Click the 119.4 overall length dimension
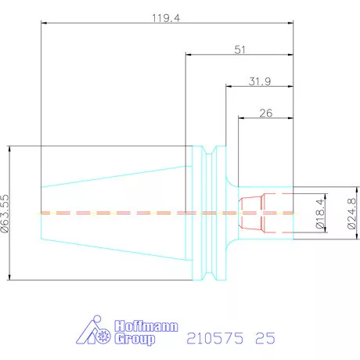pyautogui.click(x=166, y=18)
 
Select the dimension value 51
pyautogui.click(x=239, y=50)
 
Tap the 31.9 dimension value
pyautogui.click(x=260, y=81)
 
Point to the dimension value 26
pyautogui.click(x=266, y=113)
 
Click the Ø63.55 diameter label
pyautogui.click(x=5, y=214)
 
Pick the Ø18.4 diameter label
pyautogui.click(x=320, y=214)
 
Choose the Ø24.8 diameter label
pyautogui.click(x=352, y=214)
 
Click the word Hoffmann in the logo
pyautogui.click(x=146, y=326)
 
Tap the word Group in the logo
pyautogui.click(x=135, y=339)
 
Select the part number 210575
pyautogui.click(x=215, y=338)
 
